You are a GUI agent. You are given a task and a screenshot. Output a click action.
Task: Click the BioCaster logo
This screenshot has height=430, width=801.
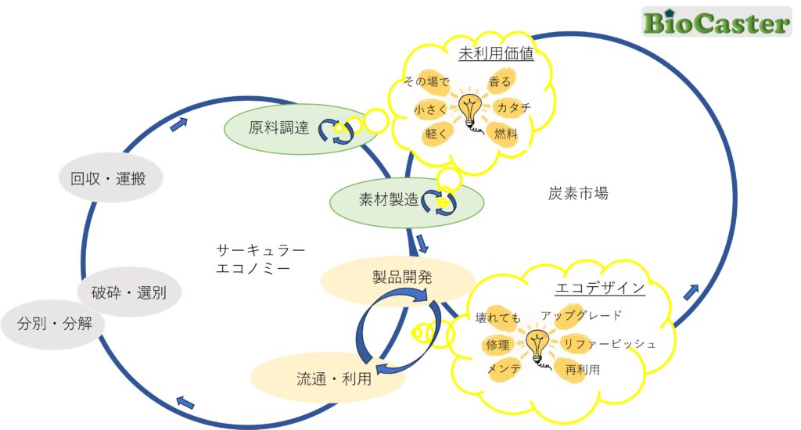[x=716, y=23]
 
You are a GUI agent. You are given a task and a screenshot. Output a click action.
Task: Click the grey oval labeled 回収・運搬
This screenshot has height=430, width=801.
[x=111, y=178]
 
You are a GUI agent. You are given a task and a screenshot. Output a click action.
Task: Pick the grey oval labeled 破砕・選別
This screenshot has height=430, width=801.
[x=128, y=293]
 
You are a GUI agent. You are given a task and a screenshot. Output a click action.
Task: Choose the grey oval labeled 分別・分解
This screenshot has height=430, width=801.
[x=55, y=321]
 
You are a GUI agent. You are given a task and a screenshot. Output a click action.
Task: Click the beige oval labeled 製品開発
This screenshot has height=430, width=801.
[x=397, y=278]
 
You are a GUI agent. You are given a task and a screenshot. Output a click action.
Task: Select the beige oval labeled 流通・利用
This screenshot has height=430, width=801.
[x=329, y=378]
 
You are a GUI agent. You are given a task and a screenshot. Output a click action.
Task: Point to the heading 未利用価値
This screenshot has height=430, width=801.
[x=496, y=56]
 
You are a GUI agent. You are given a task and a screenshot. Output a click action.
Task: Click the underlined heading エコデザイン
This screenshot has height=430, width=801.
[x=599, y=288]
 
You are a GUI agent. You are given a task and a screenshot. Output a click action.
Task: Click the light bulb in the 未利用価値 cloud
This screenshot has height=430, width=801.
[x=469, y=111]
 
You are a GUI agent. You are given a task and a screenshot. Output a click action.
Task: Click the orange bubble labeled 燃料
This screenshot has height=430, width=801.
[x=505, y=134]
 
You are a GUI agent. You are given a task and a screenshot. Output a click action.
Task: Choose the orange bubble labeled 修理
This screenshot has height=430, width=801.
[x=497, y=344]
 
